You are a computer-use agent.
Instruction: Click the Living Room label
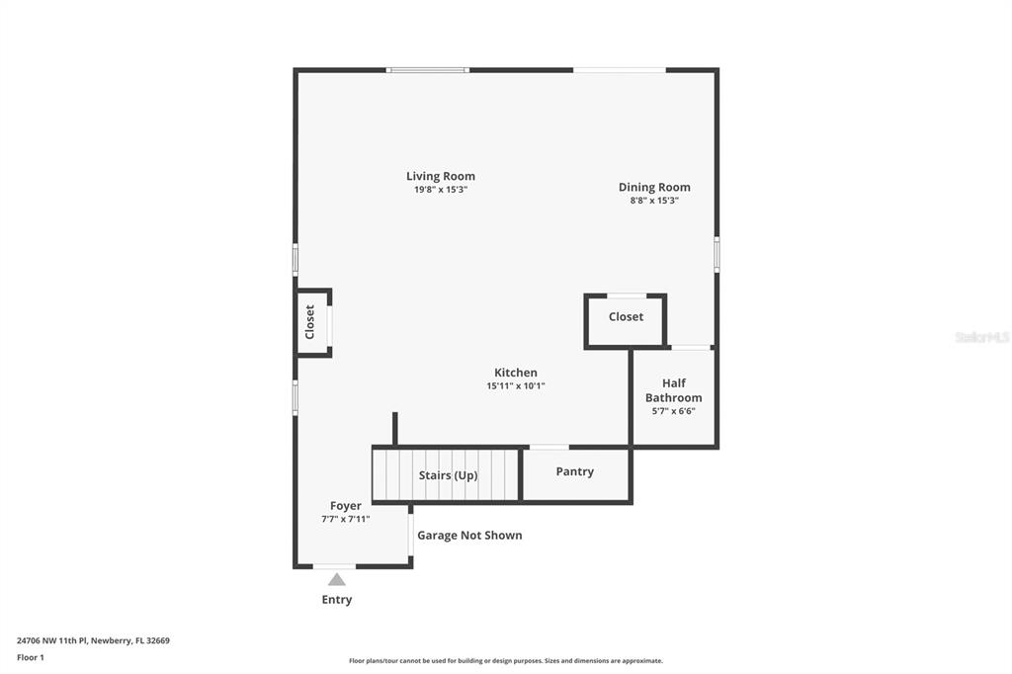(x=440, y=177)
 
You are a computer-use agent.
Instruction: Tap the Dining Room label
(x=654, y=187)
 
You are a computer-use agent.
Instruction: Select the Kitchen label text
(x=515, y=373)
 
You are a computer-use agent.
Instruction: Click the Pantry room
(x=575, y=472)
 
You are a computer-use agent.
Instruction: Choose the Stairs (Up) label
(x=448, y=475)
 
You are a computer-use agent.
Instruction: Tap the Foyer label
(x=345, y=506)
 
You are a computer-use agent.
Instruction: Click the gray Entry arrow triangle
(x=337, y=579)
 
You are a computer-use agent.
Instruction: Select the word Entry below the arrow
(x=337, y=600)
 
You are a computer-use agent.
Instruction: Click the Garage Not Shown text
(x=469, y=536)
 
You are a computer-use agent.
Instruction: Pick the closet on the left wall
(x=312, y=322)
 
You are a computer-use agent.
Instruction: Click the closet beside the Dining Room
(x=626, y=318)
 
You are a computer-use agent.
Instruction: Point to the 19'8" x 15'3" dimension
(x=440, y=190)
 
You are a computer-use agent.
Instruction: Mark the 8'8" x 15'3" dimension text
(x=654, y=201)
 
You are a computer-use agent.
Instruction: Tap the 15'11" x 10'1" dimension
(x=515, y=386)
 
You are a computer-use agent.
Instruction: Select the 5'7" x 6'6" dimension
(x=674, y=411)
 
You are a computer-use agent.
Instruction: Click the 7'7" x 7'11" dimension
(x=345, y=519)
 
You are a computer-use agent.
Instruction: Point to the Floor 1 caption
(x=31, y=657)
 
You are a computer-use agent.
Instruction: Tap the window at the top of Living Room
(x=427, y=70)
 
